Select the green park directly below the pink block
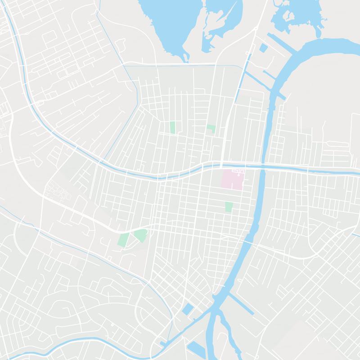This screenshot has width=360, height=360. [229, 207]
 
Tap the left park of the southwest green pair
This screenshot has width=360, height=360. [123, 239]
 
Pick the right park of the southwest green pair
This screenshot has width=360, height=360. [140, 235]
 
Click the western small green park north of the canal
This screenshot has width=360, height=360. [172, 127]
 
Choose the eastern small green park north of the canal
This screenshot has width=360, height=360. [211, 129]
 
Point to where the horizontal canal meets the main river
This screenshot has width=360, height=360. [262, 167]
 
